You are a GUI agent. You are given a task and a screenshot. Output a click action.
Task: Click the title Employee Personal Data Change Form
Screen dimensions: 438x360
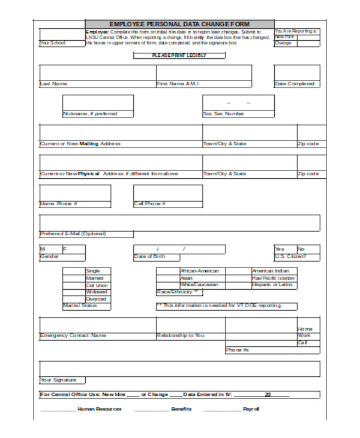[179, 23]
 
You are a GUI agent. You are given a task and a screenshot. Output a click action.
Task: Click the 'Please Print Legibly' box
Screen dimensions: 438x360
[179, 55]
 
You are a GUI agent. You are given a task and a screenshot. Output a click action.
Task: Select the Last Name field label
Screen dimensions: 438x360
[53, 84]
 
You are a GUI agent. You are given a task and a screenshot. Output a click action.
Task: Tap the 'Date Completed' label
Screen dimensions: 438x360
[294, 84]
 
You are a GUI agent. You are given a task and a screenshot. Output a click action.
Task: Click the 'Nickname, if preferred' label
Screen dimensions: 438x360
[90, 113]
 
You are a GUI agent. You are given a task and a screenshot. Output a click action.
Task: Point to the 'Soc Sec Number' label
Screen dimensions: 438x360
[224, 113]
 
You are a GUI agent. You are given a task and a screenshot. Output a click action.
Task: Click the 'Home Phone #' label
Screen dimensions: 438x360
[58, 203]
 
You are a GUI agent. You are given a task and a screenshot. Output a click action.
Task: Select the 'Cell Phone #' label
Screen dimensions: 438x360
[150, 203]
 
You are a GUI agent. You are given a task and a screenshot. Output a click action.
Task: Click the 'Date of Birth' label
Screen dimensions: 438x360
[149, 257]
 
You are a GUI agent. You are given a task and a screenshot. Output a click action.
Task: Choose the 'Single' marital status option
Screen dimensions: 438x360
[93, 271]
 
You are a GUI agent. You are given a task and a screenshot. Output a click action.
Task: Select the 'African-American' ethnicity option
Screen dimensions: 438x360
[199, 271]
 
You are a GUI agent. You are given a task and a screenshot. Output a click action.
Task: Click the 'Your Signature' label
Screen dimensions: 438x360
[58, 380]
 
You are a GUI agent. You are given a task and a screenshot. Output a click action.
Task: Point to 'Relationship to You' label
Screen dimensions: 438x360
[180, 335]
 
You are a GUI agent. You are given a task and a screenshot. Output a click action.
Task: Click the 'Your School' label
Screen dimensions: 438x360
[53, 43]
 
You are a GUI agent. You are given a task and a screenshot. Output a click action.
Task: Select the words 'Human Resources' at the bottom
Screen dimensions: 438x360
[100, 409]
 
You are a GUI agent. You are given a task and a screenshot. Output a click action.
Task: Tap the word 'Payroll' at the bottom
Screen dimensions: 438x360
[251, 409]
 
